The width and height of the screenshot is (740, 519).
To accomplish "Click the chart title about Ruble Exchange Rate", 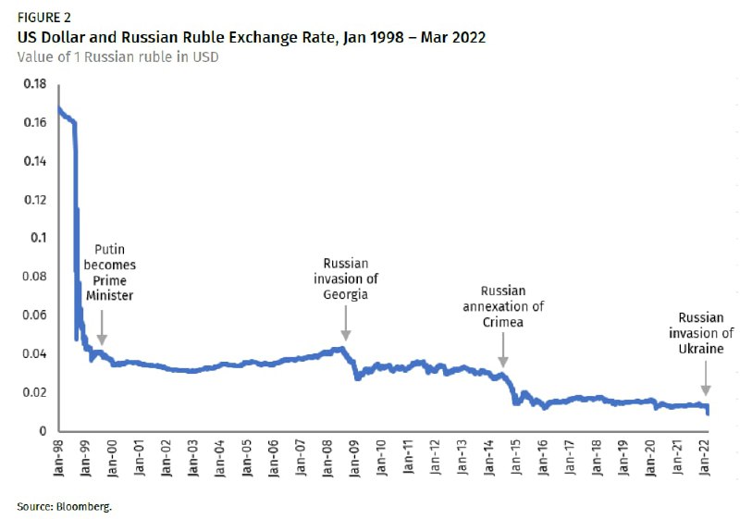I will pyautogui.click(x=251, y=37).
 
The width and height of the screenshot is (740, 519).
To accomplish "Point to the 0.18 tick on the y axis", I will pyautogui.click(x=33, y=83).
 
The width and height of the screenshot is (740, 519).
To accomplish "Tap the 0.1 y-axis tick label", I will pyautogui.click(x=38, y=238).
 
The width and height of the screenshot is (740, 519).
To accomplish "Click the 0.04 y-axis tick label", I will pyautogui.click(x=33, y=353).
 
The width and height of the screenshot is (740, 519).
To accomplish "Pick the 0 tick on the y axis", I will pyautogui.click(x=42, y=431).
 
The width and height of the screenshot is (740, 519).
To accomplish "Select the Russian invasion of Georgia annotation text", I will pyautogui.click(x=345, y=279).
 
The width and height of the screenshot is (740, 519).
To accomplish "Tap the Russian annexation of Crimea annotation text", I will pyautogui.click(x=502, y=307).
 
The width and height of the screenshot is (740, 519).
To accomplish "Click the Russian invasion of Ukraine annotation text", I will pyautogui.click(x=706, y=333).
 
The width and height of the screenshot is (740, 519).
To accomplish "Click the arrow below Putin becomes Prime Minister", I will pyautogui.click(x=101, y=328).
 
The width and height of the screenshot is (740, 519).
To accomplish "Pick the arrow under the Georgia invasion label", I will pyautogui.click(x=345, y=325).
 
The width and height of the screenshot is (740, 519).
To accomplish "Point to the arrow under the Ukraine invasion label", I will pyautogui.click(x=705, y=379).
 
